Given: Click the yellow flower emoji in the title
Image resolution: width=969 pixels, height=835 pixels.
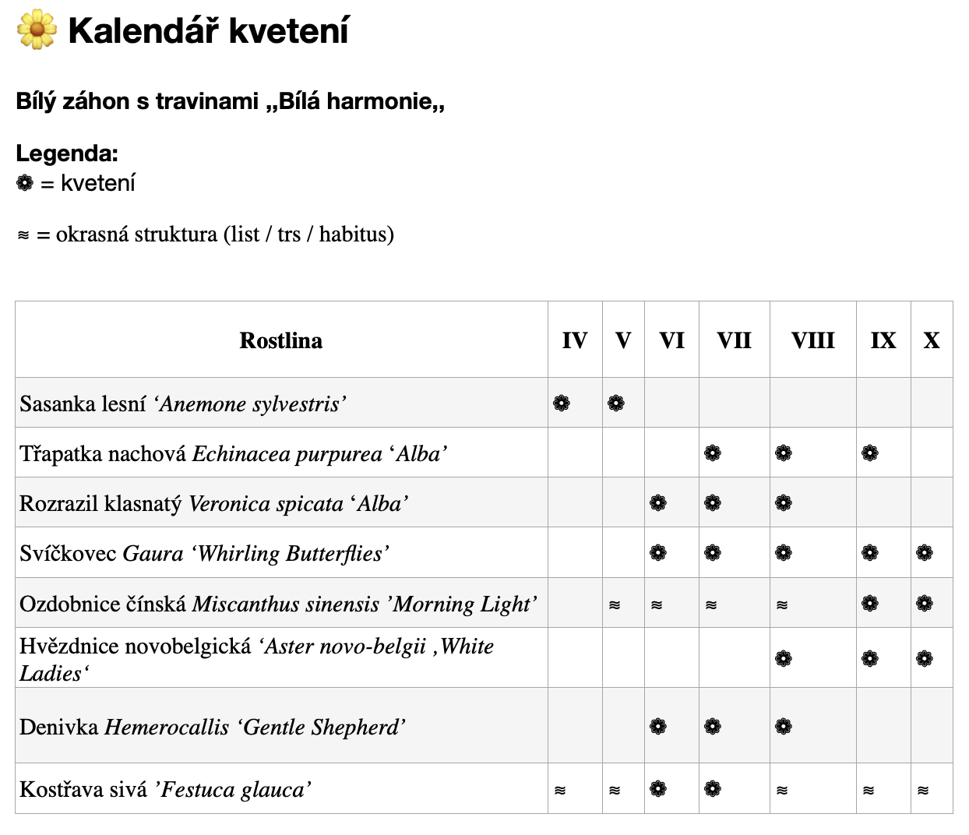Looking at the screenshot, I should [37, 30].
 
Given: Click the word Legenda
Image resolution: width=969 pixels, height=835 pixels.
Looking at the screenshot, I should [67, 153].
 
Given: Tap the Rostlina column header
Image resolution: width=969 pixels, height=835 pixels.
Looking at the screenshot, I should [280, 340].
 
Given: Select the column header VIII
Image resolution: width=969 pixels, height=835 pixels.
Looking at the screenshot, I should [812, 340].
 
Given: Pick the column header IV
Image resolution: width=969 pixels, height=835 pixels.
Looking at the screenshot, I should [574, 340].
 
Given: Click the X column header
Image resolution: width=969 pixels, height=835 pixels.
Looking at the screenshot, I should [931, 340].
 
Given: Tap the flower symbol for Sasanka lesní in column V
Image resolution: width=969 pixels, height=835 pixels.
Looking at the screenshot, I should [616, 403].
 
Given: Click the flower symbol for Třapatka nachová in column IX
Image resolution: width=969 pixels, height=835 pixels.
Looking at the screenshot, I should [870, 453].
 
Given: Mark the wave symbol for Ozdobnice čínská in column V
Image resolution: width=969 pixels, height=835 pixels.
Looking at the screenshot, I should [615, 604].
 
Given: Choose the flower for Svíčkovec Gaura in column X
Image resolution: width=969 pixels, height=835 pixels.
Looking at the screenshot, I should [925, 553].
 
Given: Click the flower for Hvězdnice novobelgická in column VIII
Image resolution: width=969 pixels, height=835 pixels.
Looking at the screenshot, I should [784, 658].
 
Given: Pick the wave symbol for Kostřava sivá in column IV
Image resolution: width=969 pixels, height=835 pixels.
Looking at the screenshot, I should [560, 790].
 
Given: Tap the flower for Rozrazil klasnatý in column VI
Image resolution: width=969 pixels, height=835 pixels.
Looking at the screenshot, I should [658, 503].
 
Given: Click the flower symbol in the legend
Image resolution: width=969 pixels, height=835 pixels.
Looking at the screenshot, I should [25, 183].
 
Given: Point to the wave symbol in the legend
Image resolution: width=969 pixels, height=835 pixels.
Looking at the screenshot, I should [23, 234].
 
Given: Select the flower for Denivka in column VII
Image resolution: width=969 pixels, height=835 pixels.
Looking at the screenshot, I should [713, 727].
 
